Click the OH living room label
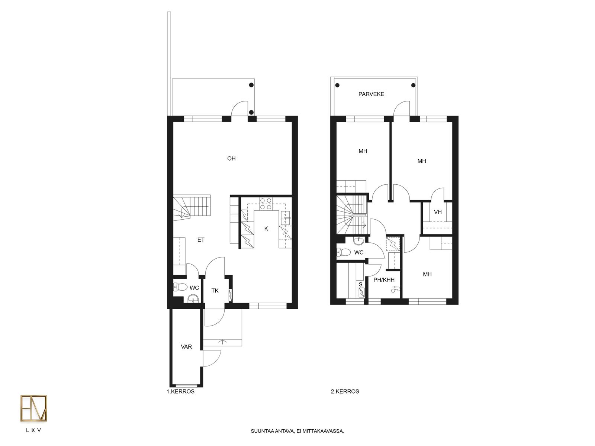231,158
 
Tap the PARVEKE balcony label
371,94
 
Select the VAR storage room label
186,347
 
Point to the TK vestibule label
215,291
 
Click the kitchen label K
266,229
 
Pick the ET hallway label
201,240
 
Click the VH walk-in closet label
438,212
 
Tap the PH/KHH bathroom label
384,280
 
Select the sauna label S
360,284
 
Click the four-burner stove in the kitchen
266,204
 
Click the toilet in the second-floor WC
344,252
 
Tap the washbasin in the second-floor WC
359,240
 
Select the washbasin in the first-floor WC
193,299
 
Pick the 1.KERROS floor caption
180,392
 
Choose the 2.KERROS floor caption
345,392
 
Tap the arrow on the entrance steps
222,342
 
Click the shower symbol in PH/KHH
395,289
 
